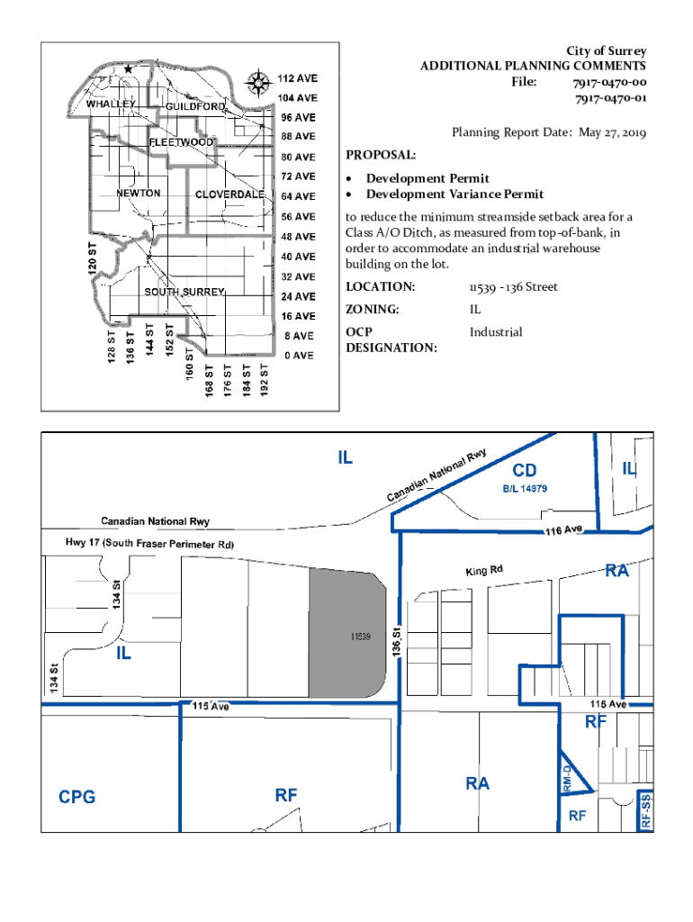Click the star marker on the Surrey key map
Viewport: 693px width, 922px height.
click(x=128, y=68)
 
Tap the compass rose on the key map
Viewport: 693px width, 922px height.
click(x=257, y=83)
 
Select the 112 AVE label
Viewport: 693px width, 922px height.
click(x=297, y=78)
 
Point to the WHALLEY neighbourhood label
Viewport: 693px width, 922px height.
click(x=111, y=104)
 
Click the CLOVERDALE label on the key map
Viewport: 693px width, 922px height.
click(x=229, y=194)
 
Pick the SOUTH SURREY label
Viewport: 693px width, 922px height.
click(x=184, y=292)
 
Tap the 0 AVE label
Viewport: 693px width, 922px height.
click(x=299, y=355)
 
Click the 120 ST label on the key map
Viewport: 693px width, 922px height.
click(x=93, y=258)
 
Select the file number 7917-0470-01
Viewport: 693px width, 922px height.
click(x=611, y=98)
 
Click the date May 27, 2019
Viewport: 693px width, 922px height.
click(x=613, y=132)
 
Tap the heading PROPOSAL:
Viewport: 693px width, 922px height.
click(x=381, y=155)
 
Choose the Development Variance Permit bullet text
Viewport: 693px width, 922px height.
click(x=454, y=194)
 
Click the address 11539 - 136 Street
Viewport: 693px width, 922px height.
click(x=513, y=287)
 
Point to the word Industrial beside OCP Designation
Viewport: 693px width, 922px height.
click(x=496, y=331)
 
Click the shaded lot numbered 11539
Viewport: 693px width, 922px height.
click(x=347, y=633)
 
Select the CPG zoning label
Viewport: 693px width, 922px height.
click(x=77, y=797)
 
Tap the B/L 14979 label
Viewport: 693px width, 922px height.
click(x=525, y=489)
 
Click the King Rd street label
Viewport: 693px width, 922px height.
click(x=484, y=570)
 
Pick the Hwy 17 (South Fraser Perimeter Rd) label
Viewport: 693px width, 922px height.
click(x=150, y=543)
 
